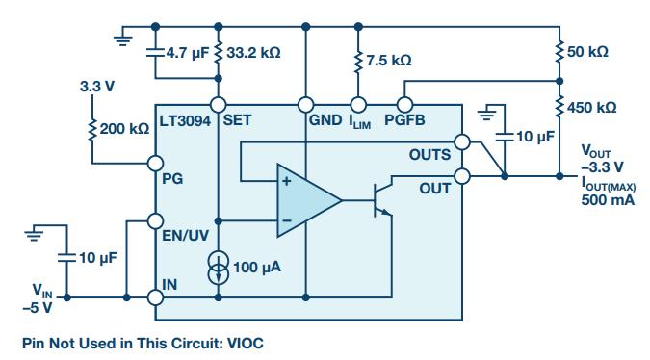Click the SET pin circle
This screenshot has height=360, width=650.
pyautogui.click(x=219, y=105)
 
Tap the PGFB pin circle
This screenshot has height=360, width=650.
pyautogui.click(x=404, y=105)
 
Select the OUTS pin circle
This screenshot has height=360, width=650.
pyautogui.click(x=462, y=142)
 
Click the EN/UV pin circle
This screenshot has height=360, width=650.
pyautogui.click(x=155, y=221)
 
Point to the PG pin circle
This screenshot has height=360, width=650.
pyautogui.click(x=155, y=164)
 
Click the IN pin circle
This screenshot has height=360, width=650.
pyautogui.click(x=155, y=297)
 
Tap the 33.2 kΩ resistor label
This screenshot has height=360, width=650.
pyautogui.click(x=253, y=53)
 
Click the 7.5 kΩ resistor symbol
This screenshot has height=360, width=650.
pyautogui.click(x=358, y=63)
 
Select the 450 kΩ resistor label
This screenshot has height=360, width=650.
pyautogui.click(x=591, y=108)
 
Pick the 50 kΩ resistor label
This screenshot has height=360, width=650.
pyautogui.click(x=587, y=52)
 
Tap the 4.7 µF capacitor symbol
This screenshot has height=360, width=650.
pyautogui.click(x=155, y=53)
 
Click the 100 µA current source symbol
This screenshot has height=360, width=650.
pyautogui.click(x=218, y=268)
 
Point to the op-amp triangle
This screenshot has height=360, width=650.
pyautogui.click(x=309, y=200)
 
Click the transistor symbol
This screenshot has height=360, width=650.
pyautogui.click(x=381, y=200)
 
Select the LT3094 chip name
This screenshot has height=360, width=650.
pyautogui.click(x=185, y=121)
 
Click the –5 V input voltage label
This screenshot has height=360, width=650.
pyautogui.click(x=38, y=308)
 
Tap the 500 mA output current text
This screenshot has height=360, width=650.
pyautogui.click(x=608, y=199)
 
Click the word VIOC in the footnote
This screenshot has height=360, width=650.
pyautogui.click(x=245, y=343)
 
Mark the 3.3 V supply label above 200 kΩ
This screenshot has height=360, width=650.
pyautogui.click(x=97, y=87)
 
